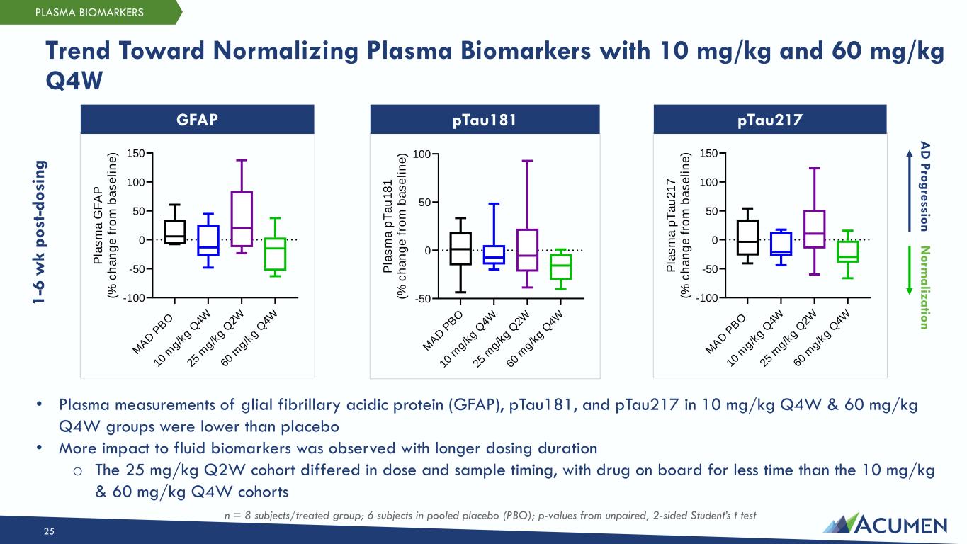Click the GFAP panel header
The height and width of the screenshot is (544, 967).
click(x=197, y=120)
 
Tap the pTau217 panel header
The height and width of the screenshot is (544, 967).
click(x=769, y=120)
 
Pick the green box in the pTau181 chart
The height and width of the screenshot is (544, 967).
click(x=560, y=266)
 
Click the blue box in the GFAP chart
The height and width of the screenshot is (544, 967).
click(x=208, y=240)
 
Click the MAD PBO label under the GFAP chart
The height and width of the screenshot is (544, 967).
click(x=152, y=333)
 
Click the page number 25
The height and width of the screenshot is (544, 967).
click(x=49, y=532)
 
